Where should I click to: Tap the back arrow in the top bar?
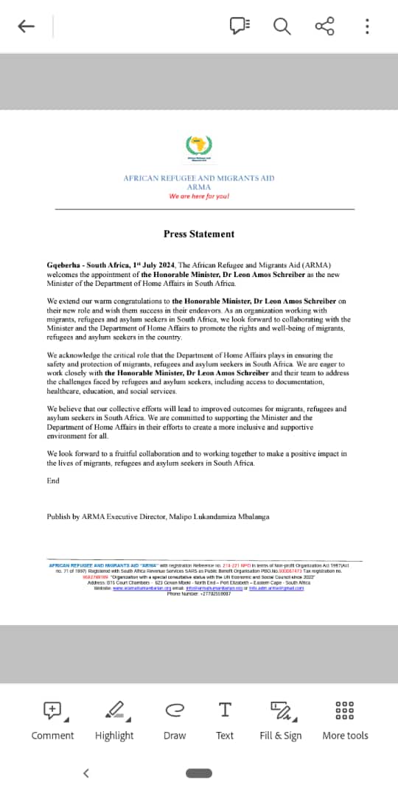pyautogui.click(x=27, y=27)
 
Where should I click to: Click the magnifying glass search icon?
pyautogui.click(x=282, y=27)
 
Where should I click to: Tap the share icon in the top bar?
pyautogui.click(x=324, y=27)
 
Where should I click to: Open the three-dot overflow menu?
pyautogui.click(x=367, y=27)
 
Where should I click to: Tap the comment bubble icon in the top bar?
pyautogui.click(x=240, y=27)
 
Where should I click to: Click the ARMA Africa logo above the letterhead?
pyautogui.click(x=198, y=148)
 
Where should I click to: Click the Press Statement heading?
pyautogui.click(x=199, y=234)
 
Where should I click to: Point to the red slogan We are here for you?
pyautogui.click(x=199, y=196)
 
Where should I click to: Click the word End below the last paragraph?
pyautogui.click(x=53, y=481)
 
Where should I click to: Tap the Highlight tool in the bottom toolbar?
pyautogui.click(x=114, y=719)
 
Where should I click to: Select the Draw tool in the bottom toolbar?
pyautogui.click(x=175, y=719)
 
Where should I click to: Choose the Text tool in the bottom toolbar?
pyautogui.click(x=225, y=719)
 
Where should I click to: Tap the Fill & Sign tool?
pyautogui.click(x=281, y=719)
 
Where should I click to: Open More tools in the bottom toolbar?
pyautogui.click(x=345, y=719)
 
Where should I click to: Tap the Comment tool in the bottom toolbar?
pyautogui.click(x=52, y=719)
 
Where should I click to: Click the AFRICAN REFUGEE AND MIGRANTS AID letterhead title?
pyautogui.click(x=199, y=178)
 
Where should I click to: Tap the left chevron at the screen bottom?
pyautogui.click(x=86, y=773)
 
